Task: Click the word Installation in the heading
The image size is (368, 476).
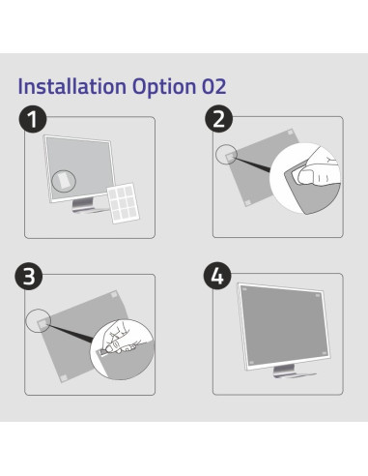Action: pos(72,86)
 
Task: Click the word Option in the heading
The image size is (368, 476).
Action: pos(164,87)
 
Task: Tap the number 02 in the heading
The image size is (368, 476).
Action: pos(214,86)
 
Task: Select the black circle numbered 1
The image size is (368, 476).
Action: pos(33,119)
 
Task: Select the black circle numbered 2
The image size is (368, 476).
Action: pos(219,118)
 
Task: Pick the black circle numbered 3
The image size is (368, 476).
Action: pos(29,276)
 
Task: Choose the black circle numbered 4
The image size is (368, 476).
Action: pos(217,276)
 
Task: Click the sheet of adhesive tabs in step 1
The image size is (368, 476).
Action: pos(124,203)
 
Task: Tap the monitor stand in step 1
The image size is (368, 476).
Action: pos(86,206)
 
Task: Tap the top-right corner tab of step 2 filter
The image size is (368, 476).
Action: pos(290,133)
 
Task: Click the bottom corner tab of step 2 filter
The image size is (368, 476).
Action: pos(247,202)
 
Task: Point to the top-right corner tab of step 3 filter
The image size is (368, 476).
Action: pos(114,294)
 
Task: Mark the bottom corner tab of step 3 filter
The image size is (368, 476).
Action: pos(64,377)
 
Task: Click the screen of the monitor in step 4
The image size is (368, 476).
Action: pos(284,323)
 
